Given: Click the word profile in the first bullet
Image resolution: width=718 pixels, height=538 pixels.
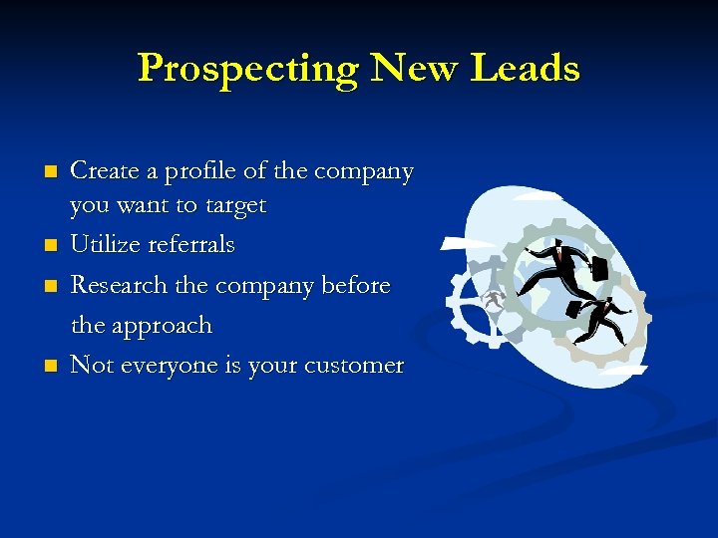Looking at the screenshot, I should pyautogui.click(x=188, y=172).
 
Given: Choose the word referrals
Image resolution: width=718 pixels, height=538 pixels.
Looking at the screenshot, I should pyautogui.click(x=190, y=245).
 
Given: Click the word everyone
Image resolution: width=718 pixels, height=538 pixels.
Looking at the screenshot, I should pyautogui.click(x=166, y=366).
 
